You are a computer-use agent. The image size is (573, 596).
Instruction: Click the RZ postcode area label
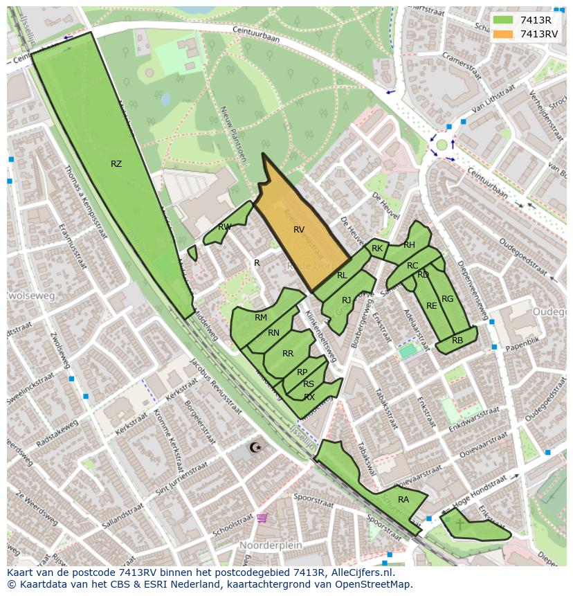click(116, 164)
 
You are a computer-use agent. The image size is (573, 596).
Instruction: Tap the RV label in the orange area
click(299, 229)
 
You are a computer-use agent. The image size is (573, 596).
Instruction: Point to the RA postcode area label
click(403, 499)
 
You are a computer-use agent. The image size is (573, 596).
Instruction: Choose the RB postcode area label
click(457, 340)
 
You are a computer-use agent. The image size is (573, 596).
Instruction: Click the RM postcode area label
click(261, 318)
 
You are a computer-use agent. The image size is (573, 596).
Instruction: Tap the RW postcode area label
click(225, 227)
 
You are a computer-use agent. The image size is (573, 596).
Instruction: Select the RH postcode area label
click(409, 244)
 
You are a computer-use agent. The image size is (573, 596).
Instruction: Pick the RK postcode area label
click(377, 248)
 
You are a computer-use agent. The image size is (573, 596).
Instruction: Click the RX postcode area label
click(309, 397)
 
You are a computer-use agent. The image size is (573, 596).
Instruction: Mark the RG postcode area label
click(447, 299)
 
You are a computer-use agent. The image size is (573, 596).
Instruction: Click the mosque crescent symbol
click(255, 447)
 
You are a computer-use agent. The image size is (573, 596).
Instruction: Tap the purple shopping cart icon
click(262, 517)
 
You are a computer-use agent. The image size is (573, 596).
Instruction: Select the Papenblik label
click(524, 342)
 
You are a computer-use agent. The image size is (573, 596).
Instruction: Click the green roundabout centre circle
click(442, 145)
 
